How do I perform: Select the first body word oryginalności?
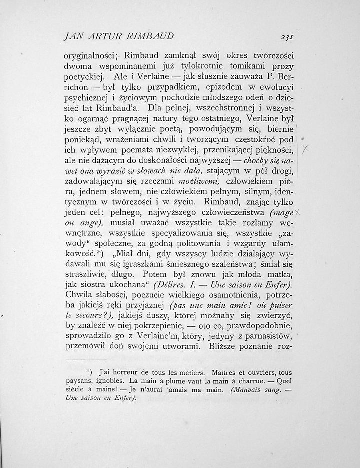pyautogui.click(x=92, y=56)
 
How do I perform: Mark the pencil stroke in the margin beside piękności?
pyautogui.click(x=307, y=150)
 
